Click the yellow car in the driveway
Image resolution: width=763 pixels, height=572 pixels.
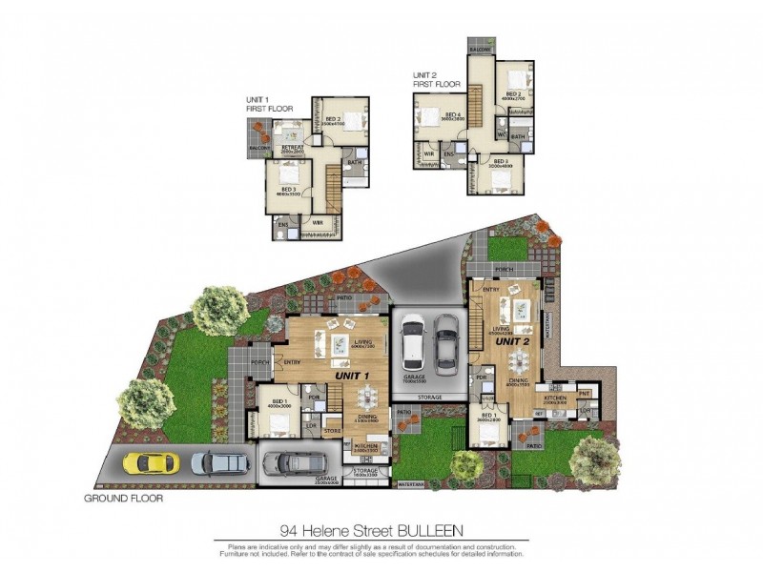point(151,463)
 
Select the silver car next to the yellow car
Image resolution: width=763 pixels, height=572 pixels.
point(220,463)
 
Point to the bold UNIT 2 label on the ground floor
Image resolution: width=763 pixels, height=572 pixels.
point(511,340)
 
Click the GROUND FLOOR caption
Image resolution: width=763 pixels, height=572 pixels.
point(123,499)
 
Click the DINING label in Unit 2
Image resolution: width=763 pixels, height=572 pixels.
point(519,379)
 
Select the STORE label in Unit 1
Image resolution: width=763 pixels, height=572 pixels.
point(332,430)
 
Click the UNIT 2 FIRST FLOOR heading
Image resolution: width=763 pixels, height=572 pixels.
point(436,79)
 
